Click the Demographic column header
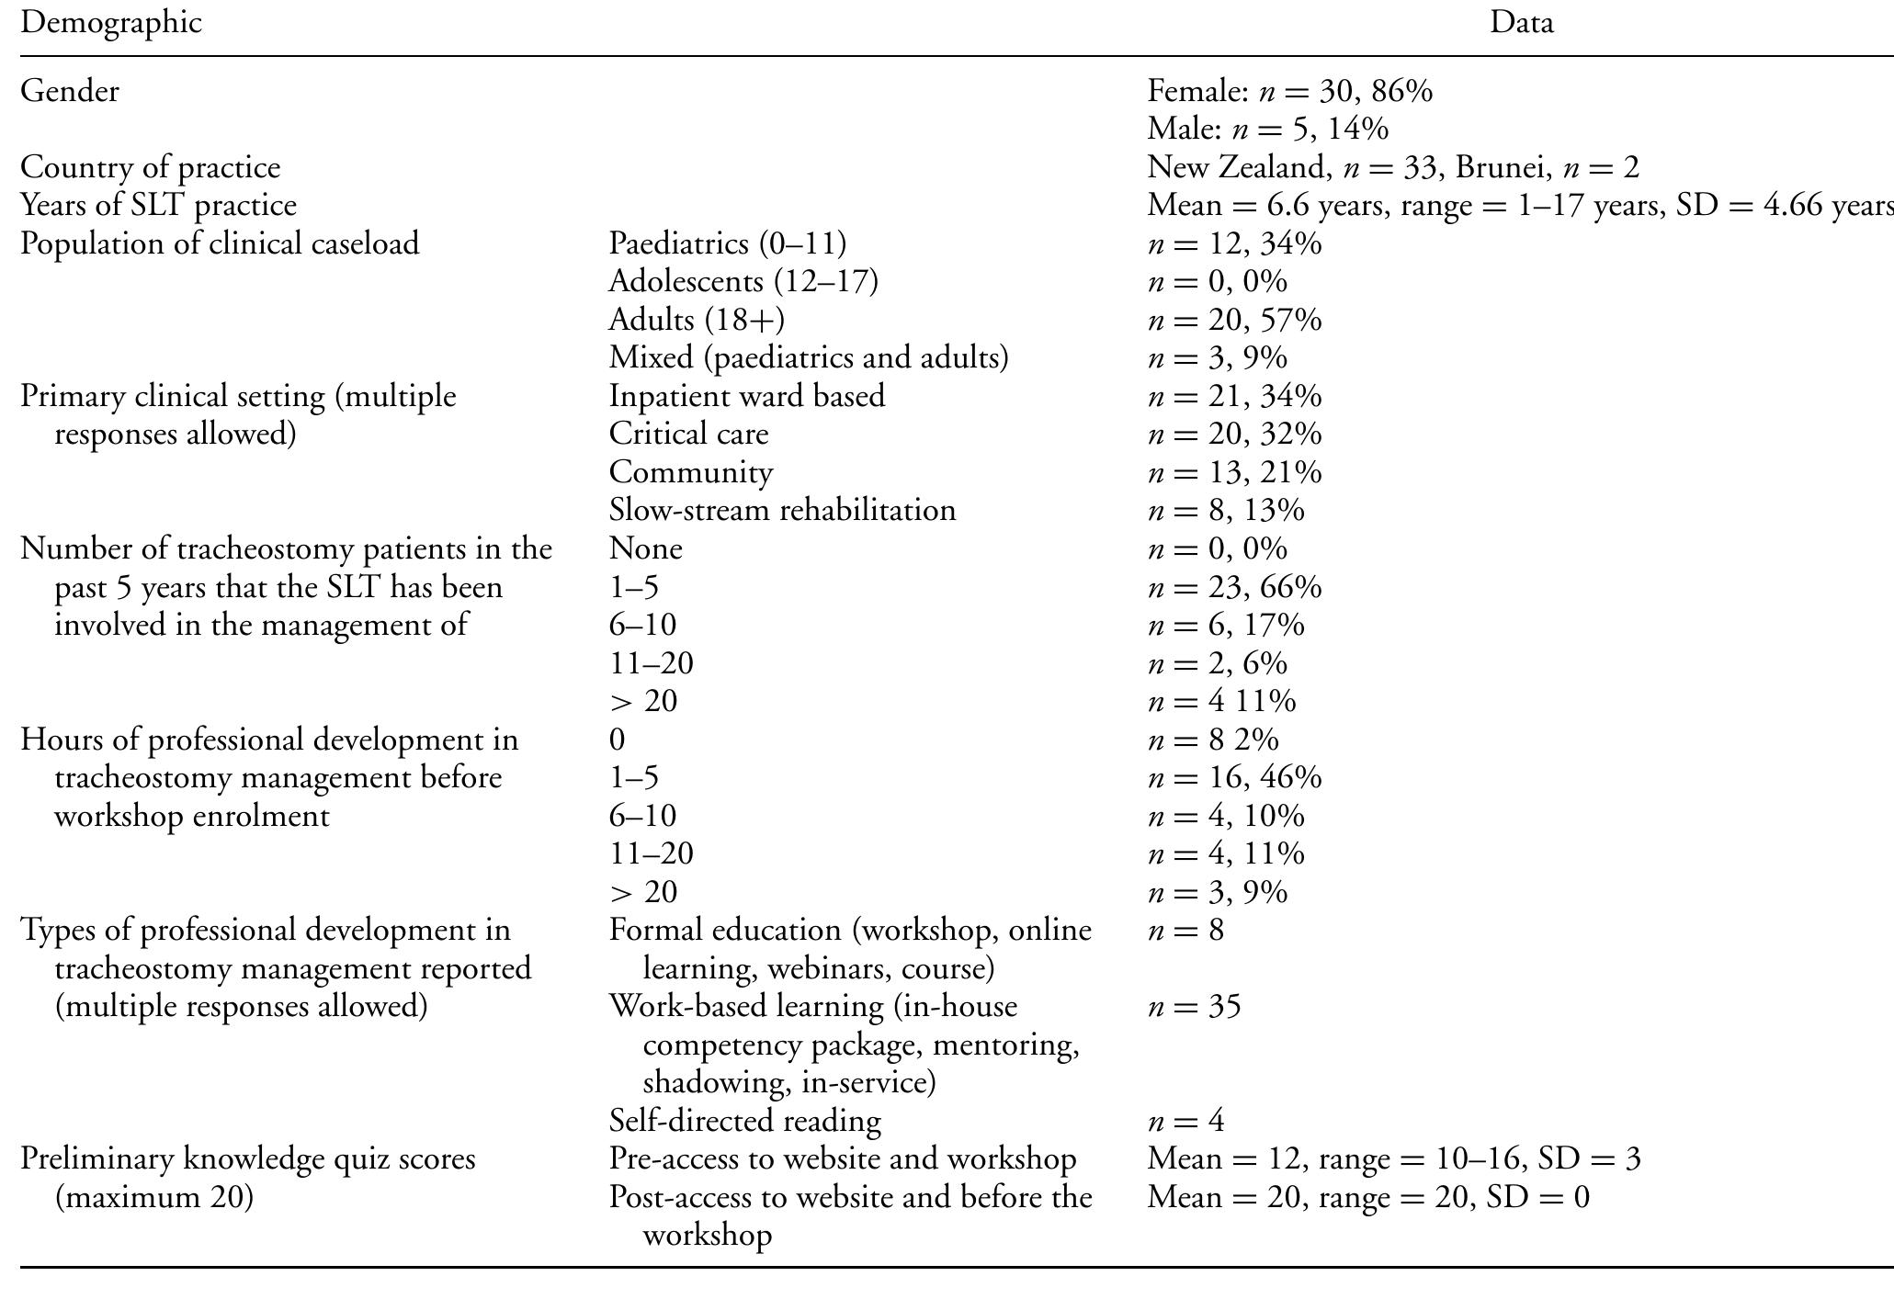[111, 22]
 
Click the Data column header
[1521, 22]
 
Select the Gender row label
[70, 91]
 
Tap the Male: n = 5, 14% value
[1267, 129]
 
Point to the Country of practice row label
[151, 167]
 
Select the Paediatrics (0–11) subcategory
[727, 243]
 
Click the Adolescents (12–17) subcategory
[743, 281]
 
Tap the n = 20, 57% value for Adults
[1234, 320]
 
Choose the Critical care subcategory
[688, 434]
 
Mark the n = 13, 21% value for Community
[1234, 472]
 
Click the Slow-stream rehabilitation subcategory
[782, 510]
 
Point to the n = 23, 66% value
[1234, 586]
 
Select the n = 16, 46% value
[1234, 777]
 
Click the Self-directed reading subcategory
[744, 1121]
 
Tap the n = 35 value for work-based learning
[1194, 1006]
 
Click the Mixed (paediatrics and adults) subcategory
[809, 357]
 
